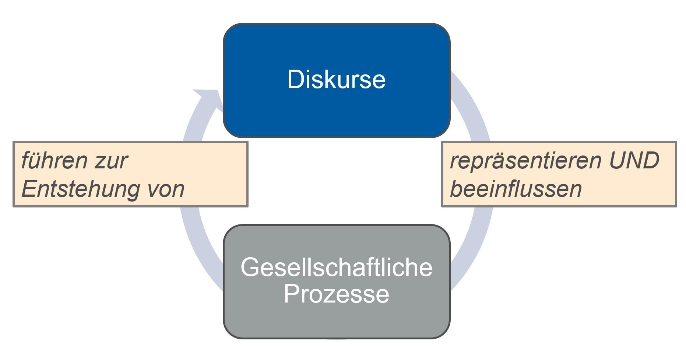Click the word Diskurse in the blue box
[x=336, y=79]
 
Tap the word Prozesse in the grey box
[x=336, y=294]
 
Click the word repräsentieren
[x=525, y=161]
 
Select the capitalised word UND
[x=634, y=161]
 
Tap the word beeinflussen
[x=516, y=189]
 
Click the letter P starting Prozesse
[x=291, y=294]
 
